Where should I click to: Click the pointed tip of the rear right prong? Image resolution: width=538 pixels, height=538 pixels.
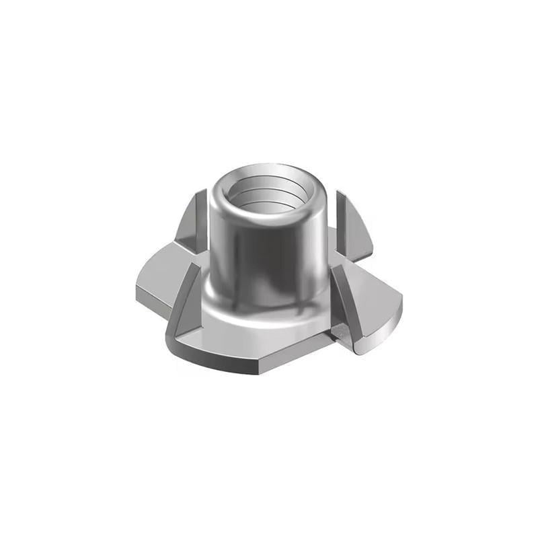pyautogui.click(x=338, y=193)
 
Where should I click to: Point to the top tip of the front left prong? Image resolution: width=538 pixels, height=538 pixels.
pyautogui.click(x=197, y=266)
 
